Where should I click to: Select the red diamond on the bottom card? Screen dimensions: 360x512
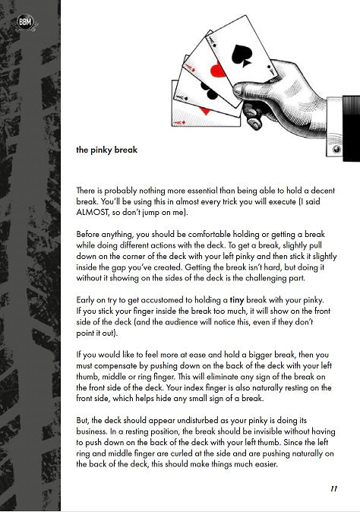coord(205,111)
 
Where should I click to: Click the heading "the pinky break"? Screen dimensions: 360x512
coord(106,150)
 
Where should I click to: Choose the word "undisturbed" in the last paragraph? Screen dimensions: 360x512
coord(195,419)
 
